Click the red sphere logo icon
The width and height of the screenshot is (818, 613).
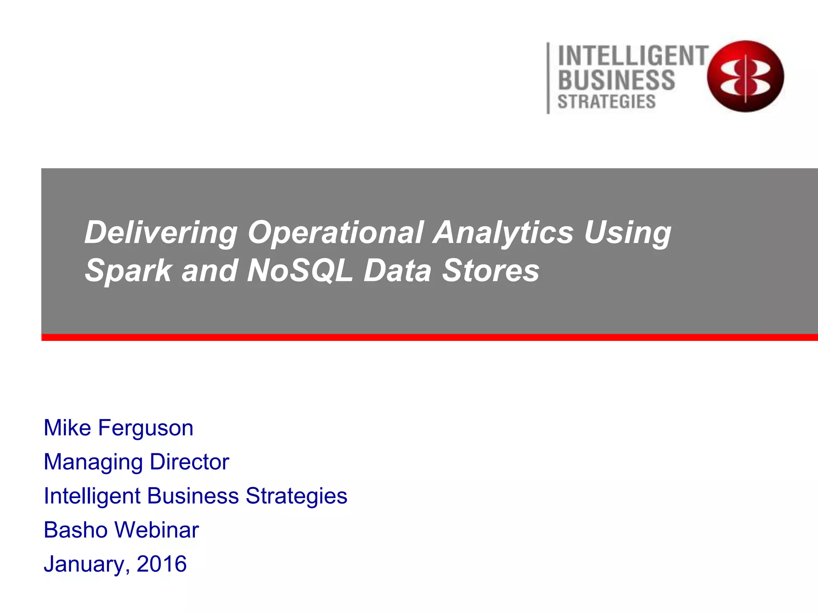click(745, 76)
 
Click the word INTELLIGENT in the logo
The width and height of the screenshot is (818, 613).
click(633, 56)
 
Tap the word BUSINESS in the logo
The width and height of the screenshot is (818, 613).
click(616, 80)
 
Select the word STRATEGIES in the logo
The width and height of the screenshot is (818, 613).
click(607, 102)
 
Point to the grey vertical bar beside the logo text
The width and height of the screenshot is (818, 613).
click(548, 78)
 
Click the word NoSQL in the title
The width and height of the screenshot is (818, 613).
click(300, 271)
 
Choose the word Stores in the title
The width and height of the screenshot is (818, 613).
click(491, 271)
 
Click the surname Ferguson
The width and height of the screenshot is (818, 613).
click(146, 428)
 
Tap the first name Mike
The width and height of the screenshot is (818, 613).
click(67, 427)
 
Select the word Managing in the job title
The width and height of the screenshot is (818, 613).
click(93, 462)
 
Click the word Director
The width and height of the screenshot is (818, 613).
click(189, 462)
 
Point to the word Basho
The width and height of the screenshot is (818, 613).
click(75, 530)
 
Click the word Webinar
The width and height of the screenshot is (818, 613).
click(157, 530)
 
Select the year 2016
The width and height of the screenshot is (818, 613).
click(161, 564)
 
